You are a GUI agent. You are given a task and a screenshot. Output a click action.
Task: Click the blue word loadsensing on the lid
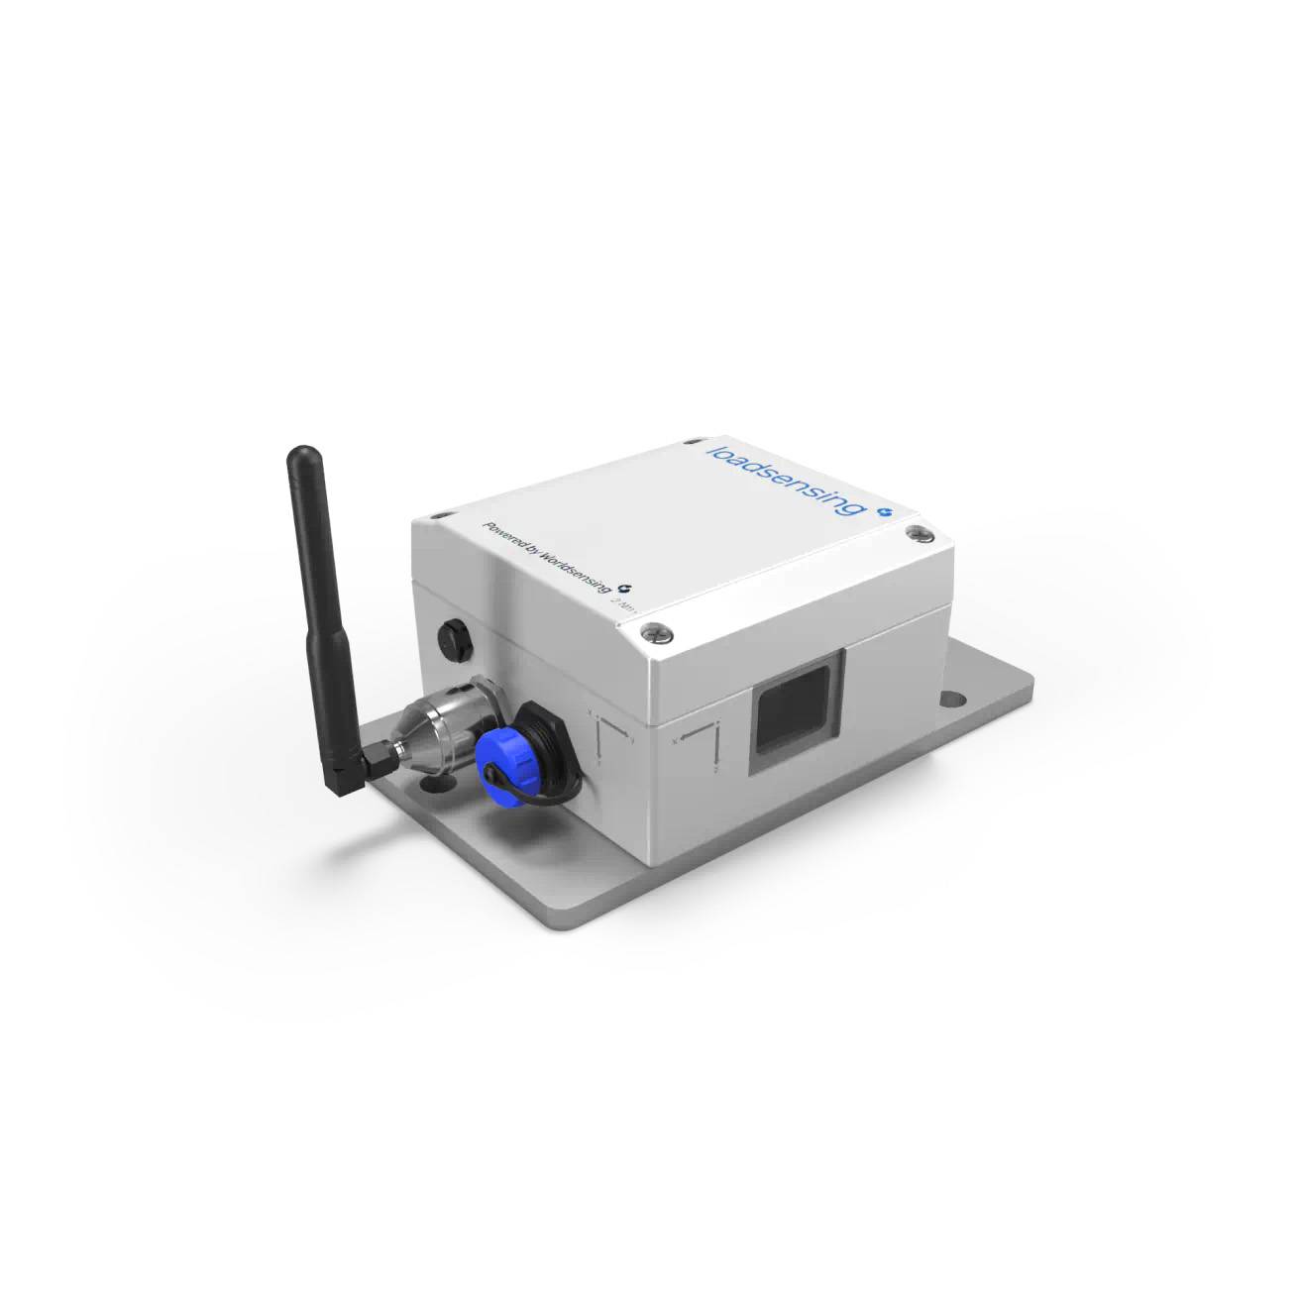click(782, 479)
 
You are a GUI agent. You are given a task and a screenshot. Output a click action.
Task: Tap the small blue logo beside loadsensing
click(885, 511)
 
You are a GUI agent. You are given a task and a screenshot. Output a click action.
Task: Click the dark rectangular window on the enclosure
click(792, 706)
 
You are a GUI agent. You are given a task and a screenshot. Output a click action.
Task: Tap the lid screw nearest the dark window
click(653, 627)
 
